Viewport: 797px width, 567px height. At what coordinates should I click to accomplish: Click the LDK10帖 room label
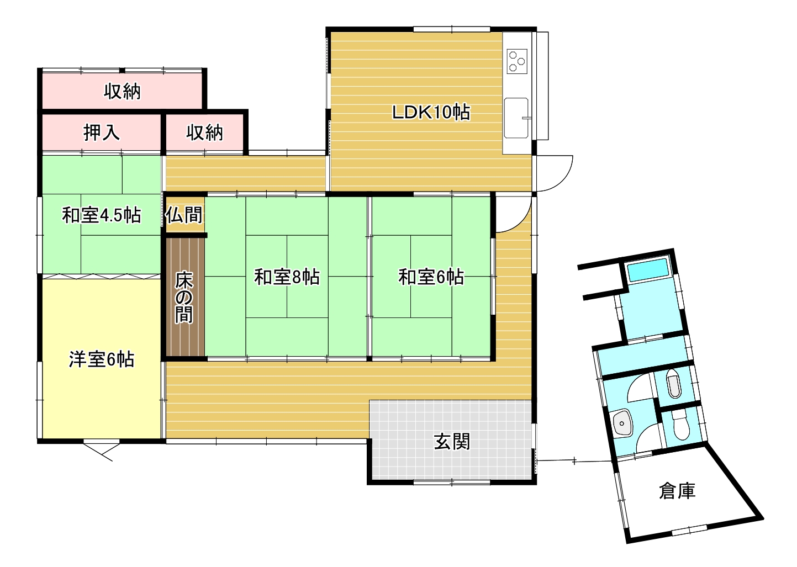[x=431, y=113]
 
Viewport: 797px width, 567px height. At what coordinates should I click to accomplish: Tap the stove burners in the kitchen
[x=517, y=61]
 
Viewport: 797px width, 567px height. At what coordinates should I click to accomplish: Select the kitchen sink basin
[x=516, y=118]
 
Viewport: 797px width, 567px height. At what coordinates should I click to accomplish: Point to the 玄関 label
[x=452, y=442]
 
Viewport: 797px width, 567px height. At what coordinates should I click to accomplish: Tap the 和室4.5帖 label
[x=102, y=215]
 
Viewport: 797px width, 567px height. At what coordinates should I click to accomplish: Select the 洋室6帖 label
[x=102, y=359]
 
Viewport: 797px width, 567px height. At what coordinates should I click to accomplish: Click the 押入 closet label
[x=102, y=133]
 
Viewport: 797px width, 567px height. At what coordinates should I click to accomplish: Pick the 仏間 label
[x=184, y=215]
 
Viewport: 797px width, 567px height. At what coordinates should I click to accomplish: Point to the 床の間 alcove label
[x=184, y=298]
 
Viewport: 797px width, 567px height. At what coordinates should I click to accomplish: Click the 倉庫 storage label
[x=677, y=491]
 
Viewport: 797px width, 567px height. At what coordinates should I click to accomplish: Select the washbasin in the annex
[x=622, y=423]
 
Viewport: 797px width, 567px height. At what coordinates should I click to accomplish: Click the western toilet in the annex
[x=681, y=425]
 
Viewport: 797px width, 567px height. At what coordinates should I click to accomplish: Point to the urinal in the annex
[x=673, y=383]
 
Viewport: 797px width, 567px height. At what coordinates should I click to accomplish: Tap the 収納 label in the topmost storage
[x=122, y=92]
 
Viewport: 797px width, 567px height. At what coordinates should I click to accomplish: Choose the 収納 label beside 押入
[x=204, y=133]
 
